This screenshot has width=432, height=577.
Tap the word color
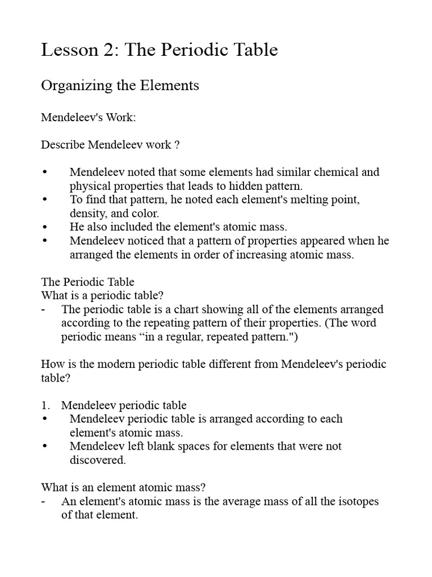(x=145, y=214)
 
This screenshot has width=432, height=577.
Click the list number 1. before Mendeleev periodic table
(x=46, y=405)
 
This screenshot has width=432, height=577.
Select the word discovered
(x=97, y=460)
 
